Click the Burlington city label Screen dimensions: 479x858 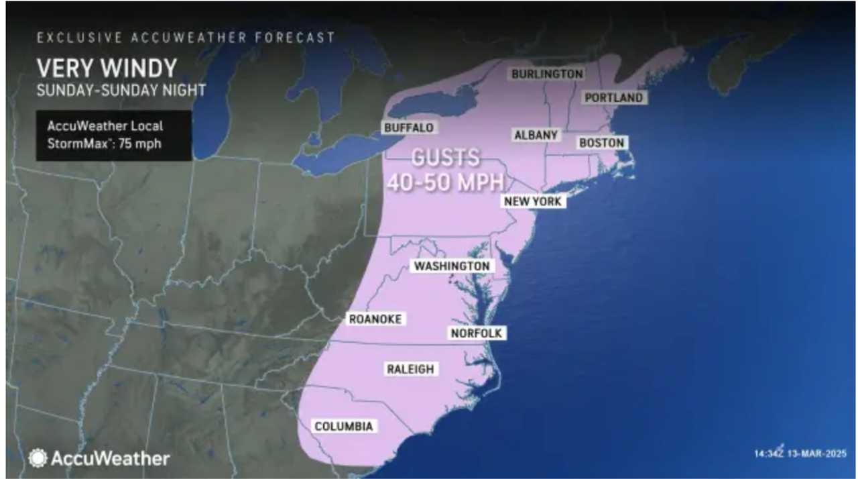(x=547, y=74)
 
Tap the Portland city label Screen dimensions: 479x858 (x=613, y=98)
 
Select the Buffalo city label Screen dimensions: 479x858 (x=409, y=127)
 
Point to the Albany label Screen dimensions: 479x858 (x=536, y=136)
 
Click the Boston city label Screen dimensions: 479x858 (x=601, y=143)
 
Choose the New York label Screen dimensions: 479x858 (x=534, y=201)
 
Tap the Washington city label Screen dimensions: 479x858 (x=452, y=266)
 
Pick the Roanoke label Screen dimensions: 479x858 (x=375, y=319)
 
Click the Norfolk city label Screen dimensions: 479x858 (x=476, y=333)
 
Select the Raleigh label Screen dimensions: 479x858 (x=410, y=369)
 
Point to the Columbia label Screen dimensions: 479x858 (x=343, y=427)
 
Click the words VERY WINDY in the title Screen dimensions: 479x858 (x=107, y=68)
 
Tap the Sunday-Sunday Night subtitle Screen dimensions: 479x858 (x=121, y=90)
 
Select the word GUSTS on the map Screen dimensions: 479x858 (x=446, y=158)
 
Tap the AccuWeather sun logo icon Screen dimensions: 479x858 (x=38, y=458)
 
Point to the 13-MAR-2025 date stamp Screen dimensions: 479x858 (x=820, y=454)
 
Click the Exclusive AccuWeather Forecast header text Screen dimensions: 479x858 (x=186, y=38)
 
